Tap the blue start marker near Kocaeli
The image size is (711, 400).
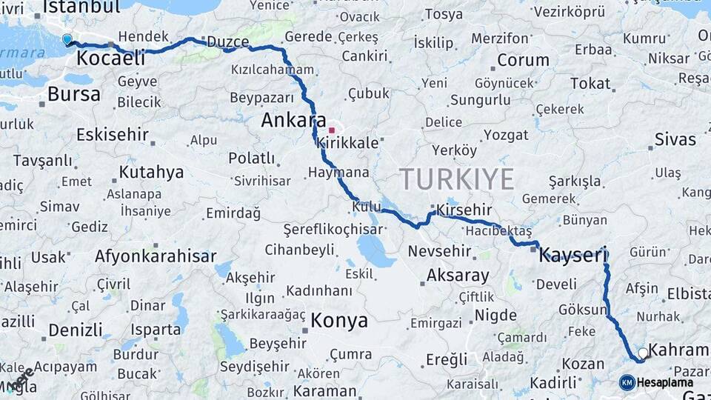click(x=67, y=39)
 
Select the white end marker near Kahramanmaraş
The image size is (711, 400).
click(x=642, y=353)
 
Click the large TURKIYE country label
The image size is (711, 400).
click(x=456, y=179)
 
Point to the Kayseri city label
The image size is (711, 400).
click(x=573, y=256)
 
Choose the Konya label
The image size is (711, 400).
click(x=338, y=321)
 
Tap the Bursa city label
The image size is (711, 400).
click(x=73, y=94)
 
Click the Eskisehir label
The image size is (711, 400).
click(x=112, y=136)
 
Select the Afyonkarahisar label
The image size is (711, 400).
click(x=155, y=256)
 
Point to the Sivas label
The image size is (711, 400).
click(x=675, y=139)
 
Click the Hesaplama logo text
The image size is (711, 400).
click(x=665, y=382)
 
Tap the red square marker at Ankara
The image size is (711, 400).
click(x=332, y=130)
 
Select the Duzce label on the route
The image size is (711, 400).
click(x=228, y=42)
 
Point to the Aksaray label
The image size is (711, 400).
click(x=458, y=276)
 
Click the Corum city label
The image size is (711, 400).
click(x=523, y=60)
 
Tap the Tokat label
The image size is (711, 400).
click(x=590, y=84)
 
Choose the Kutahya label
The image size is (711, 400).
click(x=151, y=173)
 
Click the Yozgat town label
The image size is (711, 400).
click(x=506, y=135)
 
